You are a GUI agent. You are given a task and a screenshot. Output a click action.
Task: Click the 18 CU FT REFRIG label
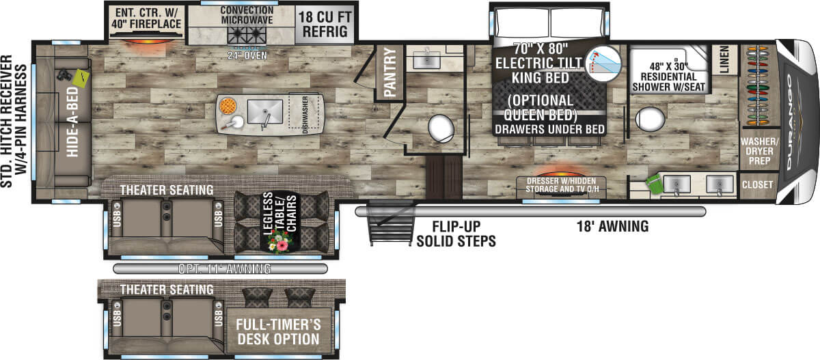[325, 25]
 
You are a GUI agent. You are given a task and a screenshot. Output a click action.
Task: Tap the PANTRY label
[390, 72]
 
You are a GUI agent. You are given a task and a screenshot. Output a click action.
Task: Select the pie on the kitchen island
[228, 106]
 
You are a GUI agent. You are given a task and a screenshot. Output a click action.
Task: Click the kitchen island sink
[265, 112]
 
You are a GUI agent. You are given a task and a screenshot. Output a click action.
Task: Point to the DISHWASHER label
[305, 115]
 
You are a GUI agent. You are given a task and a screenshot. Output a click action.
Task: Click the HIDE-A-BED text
[72, 122]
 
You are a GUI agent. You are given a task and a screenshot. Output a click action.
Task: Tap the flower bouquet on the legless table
[279, 242]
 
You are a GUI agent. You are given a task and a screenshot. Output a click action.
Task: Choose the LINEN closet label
[724, 59]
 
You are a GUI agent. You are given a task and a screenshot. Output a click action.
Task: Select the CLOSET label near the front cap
[757, 184]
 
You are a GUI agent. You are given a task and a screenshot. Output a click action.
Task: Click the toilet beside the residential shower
[650, 119]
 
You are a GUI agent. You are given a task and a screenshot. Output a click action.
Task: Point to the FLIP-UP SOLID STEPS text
[456, 234]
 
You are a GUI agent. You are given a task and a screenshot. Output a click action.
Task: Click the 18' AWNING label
[613, 227]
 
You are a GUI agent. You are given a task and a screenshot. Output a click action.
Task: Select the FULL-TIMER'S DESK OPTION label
[278, 332]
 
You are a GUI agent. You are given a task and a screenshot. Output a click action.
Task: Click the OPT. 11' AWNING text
[224, 269]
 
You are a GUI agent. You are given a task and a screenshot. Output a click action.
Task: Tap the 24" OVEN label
[247, 55]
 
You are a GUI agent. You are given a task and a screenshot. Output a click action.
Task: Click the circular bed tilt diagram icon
[603, 64]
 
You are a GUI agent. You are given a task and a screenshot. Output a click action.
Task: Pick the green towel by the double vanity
[654, 184]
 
